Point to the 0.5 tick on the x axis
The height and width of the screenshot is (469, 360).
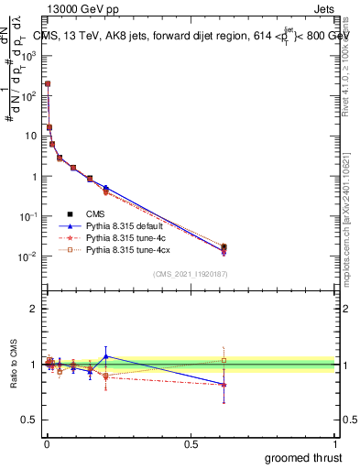point(191,443)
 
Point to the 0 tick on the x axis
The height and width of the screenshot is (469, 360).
point(45,443)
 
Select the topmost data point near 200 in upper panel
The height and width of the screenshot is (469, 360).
point(48,83)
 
